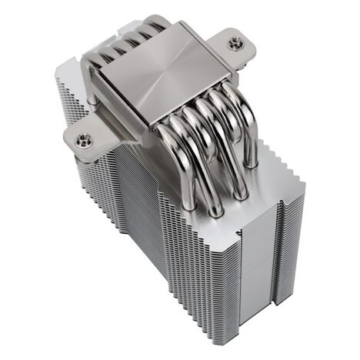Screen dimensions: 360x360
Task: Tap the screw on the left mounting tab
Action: click(x=84, y=139)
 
